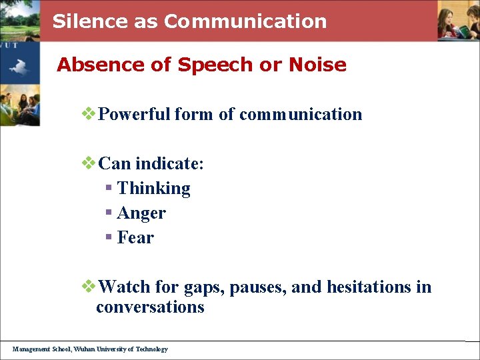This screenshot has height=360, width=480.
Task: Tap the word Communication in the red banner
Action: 245,21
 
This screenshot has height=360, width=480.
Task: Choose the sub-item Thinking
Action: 153,189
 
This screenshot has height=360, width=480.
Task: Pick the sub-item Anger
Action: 141,213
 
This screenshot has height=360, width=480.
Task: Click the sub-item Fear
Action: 135,238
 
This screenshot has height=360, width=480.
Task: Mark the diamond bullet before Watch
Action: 89,287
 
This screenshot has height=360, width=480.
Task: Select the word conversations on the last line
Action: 150,307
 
